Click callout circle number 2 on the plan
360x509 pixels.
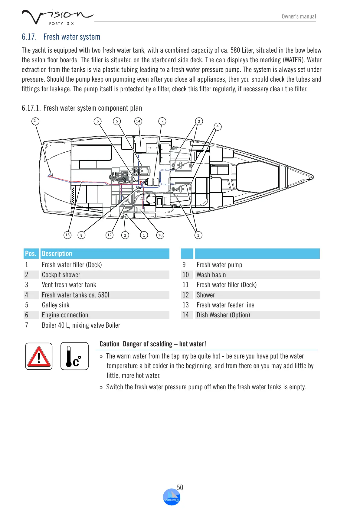pyautogui.click(x=35, y=121)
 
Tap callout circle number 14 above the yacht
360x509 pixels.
pyautogui.click(x=138, y=121)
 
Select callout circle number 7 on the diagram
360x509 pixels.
pyautogui.click(x=162, y=121)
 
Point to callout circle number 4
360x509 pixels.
pyautogui.click(x=218, y=126)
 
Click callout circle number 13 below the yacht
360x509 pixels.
pyautogui.click(x=67, y=235)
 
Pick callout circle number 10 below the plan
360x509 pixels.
pyautogui.click(x=160, y=235)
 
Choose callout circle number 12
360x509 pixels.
pyautogui.click(x=110, y=235)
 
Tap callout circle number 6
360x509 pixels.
pyautogui.click(x=97, y=121)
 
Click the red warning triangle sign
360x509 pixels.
pyautogui.click(x=39, y=356)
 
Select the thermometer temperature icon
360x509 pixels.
pyautogui.click(x=74, y=356)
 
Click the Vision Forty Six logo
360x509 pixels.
pyautogui.click(x=57, y=17)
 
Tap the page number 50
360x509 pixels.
pyautogui.click(x=180, y=487)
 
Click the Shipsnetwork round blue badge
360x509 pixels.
pyautogui.click(x=172, y=497)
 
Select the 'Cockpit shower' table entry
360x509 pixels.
pyautogui.click(x=61, y=275)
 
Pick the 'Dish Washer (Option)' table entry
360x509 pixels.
pyautogui.click(x=223, y=315)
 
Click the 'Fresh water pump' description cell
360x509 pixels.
pyautogui.click(x=219, y=265)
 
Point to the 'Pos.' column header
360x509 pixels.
pyautogui.click(x=31, y=254)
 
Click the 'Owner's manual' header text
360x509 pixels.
pyautogui.click(x=299, y=17)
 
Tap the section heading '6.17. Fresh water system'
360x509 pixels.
pyautogui.click(x=61, y=37)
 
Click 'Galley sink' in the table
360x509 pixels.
pyautogui.click(x=56, y=305)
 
